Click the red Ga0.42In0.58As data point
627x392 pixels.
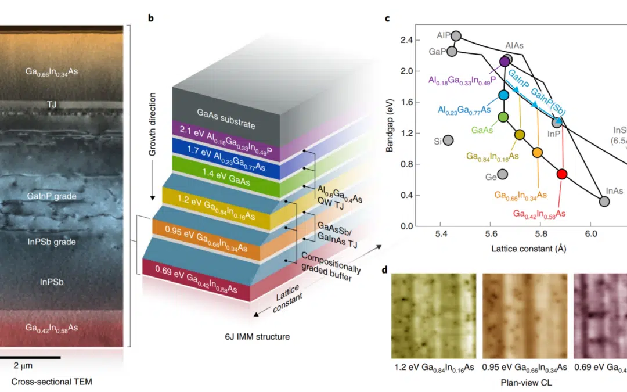(x=561, y=174)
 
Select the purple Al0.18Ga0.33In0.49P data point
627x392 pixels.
(x=505, y=62)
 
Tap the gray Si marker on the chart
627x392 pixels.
(x=448, y=140)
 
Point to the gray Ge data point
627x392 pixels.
(x=503, y=174)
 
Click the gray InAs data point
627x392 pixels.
(x=604, y=202)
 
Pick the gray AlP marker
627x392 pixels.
(x=456, y=36)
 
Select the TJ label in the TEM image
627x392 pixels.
(x=52, y=105)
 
